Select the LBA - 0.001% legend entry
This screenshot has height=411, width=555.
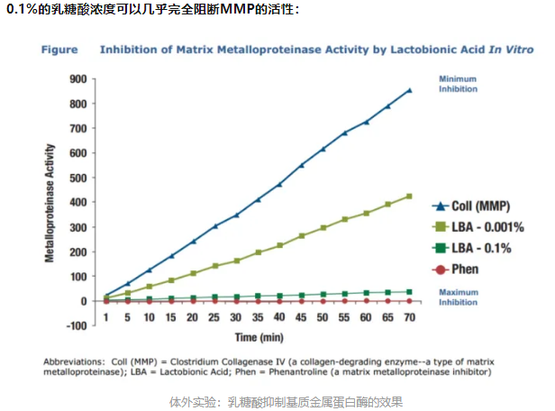tap(477, 226)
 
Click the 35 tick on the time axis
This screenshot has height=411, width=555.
tap(258, 317)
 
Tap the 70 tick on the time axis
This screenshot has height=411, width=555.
tap(410, 317)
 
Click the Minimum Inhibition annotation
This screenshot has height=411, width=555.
tap(458, 84)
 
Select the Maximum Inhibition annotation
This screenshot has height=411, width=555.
tap(459, 297)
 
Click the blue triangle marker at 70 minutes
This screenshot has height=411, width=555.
tap(410, 90)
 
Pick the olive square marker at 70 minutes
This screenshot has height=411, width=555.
tap(410, 196)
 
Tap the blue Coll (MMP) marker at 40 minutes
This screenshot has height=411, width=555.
tap(279, 185)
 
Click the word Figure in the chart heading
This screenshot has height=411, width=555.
tap(60, 50)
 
